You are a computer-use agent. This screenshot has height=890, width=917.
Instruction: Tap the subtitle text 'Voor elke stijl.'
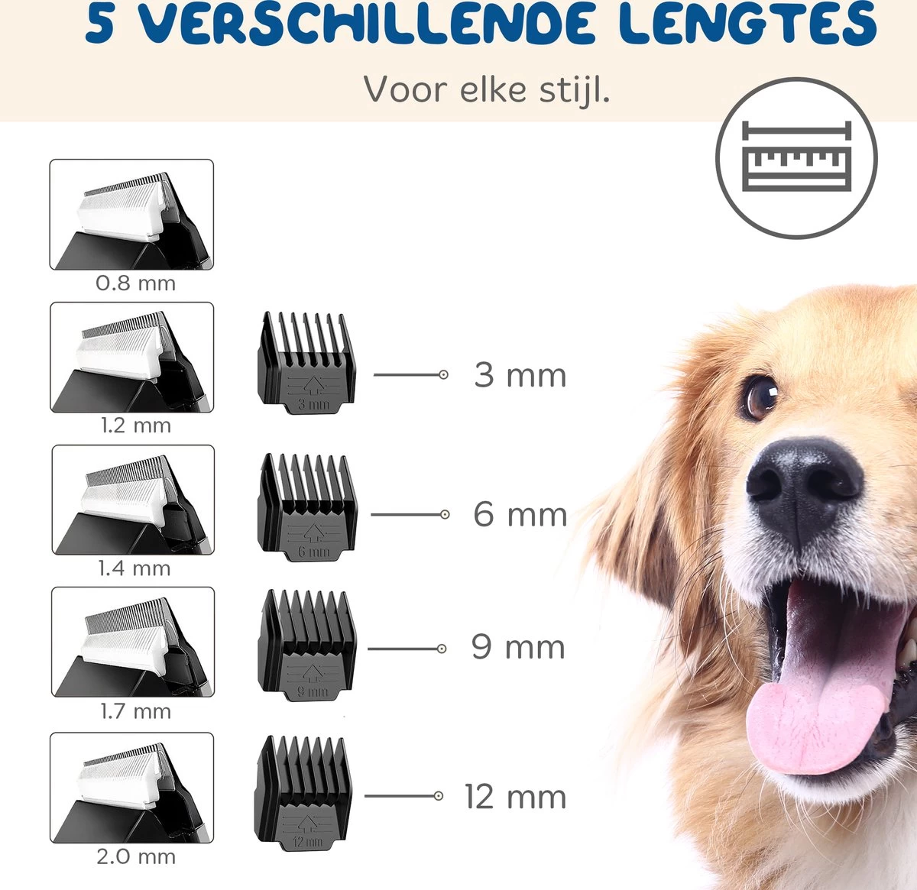pos(486,90)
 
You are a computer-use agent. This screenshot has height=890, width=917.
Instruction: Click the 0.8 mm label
pos(135,283)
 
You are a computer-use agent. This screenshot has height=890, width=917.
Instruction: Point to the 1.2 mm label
pos(135,426)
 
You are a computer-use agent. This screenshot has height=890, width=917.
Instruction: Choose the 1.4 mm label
pos(134,568)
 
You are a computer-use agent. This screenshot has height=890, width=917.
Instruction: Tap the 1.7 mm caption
pos(135,711)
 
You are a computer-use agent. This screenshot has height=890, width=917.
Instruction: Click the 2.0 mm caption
pos(135,856)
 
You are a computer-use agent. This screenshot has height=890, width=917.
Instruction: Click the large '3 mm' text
pos(520,375)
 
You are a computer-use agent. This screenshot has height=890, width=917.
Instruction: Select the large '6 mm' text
pos(520,514)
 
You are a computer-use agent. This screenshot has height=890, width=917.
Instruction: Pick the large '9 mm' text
pos(518,647)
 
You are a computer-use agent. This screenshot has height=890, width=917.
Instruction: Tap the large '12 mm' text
pos(515,797)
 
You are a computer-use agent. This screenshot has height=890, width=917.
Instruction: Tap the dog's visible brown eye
pos(759,396)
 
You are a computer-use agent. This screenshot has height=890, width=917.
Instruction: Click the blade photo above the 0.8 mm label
pos(131,215)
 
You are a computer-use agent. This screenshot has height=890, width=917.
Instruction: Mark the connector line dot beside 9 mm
pos(442,649)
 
